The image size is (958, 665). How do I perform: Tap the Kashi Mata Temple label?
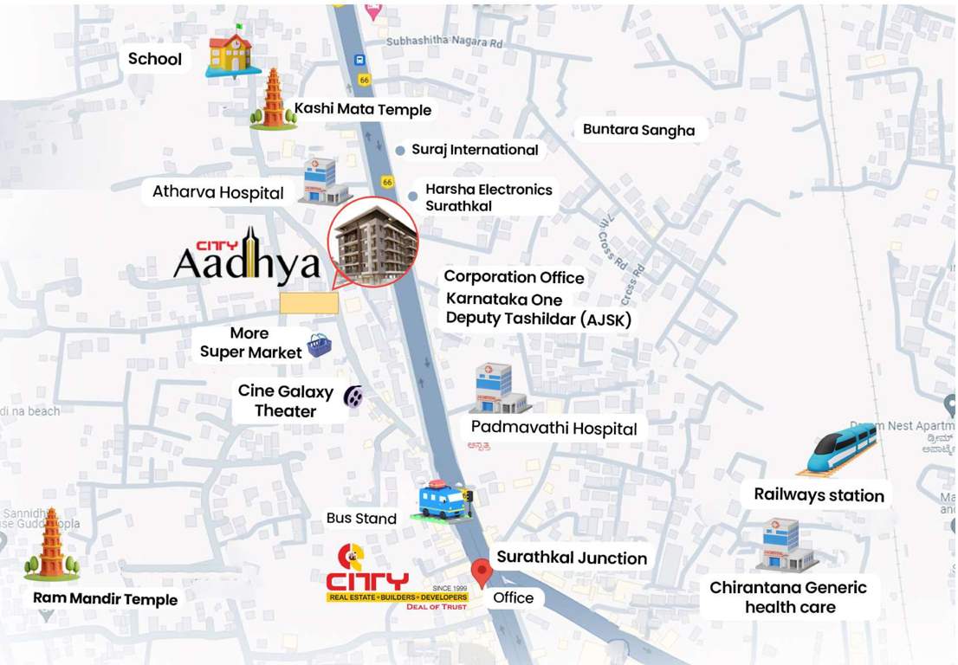pyautogui.click(x=362, y=109)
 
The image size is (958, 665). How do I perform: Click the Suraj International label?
pyautogui.click(x=475, y=150)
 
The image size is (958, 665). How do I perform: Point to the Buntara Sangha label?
pyautogui.click(x=638, y=130)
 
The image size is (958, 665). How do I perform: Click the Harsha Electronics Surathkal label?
pyautogui.click(x=488, y=197)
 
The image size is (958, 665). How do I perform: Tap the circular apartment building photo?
pyautogui.click(x=372, y=242)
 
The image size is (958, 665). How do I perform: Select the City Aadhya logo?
pyautogui.click(x=247, y=256)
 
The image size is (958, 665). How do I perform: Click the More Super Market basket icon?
pyautogui.click(x=319, y=346)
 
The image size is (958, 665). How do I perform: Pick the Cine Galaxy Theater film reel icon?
pyautogui.click(x=353, y=397)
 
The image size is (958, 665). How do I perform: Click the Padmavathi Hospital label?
pyautogui.click(x=553, y=429)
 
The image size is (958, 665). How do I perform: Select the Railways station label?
pyautogui.click(x=819, y=495)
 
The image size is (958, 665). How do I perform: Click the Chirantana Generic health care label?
pyautogui.click(x=788, y=597)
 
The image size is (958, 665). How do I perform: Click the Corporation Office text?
pyautogui.click(x=514, y=277)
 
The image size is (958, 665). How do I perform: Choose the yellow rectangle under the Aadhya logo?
pyautogui.click(x=309, y=302)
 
